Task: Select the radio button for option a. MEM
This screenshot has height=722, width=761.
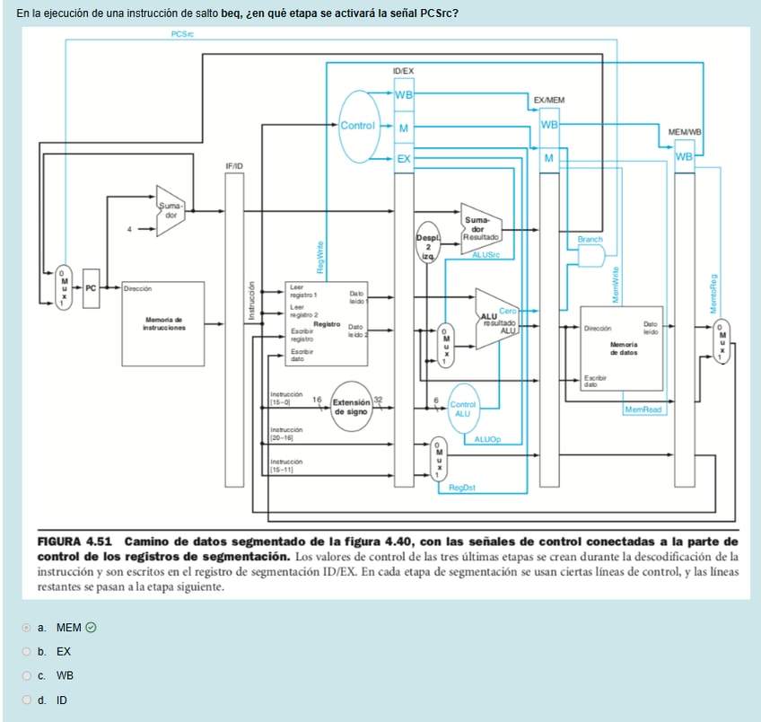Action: [29, 627]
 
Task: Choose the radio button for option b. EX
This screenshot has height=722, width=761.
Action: [29, 651]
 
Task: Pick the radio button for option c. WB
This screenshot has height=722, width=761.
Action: [29, 675]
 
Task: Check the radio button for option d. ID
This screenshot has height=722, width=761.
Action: [29, 700]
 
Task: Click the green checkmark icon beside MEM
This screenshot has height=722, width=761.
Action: [91, 627]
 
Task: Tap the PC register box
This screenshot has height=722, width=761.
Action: [90, 288]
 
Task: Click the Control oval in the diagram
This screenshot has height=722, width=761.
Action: [357, 126]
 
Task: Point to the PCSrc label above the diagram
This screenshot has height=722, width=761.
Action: [182, 33]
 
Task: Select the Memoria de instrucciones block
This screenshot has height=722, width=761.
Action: [162, 323]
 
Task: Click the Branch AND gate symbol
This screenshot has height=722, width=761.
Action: [591, 257]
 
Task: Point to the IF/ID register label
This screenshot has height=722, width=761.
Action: [234, 167]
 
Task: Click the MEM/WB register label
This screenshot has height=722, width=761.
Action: [684, 132]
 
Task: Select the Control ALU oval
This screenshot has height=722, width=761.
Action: [462, 409]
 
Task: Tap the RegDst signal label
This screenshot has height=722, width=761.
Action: [462, 488]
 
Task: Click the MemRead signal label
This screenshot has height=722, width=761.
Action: [643, 409]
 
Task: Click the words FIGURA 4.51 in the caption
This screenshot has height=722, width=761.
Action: [74, 541]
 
